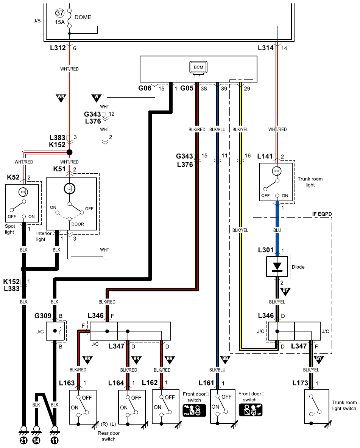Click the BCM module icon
click(198, 68)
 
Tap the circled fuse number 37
click(60, 13)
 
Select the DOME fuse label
click(83, 17)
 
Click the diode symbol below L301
click(277, 267)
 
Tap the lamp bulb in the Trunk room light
click(276, 171)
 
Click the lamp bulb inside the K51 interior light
click(70, 188)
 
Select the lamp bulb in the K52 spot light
click(23, 192)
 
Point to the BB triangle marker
click(225, 360)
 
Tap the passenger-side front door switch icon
click(194, 410)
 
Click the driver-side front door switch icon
click(251, 410)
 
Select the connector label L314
click(266, 48)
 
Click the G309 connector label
click(43, 316)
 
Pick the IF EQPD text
click(322, 214)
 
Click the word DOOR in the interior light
click(78, 224)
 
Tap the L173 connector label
click(300, 383)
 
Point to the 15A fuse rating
click(60, 22)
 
